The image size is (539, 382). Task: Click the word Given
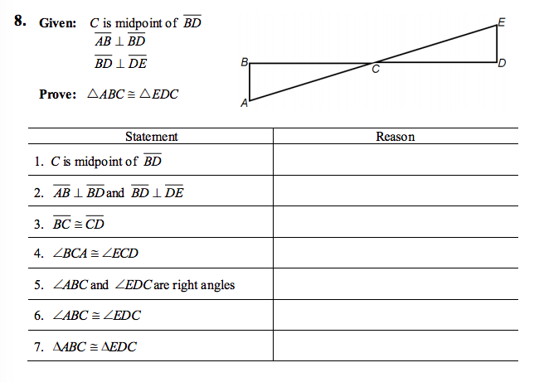57,22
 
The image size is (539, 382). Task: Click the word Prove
58,93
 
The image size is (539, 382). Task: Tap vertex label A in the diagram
244,104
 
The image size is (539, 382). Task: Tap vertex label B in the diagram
243,62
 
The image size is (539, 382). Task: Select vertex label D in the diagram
503,64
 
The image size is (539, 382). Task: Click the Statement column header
151,137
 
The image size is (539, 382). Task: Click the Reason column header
395,137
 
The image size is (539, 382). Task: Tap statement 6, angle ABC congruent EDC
96,316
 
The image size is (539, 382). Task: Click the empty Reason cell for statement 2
395,192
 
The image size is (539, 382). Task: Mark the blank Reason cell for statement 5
395,285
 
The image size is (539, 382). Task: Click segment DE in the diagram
498,43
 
